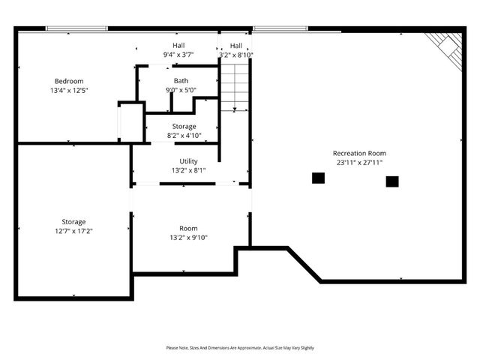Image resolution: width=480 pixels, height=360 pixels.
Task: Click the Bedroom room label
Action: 68,81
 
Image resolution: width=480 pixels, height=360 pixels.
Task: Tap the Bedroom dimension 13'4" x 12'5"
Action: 68,91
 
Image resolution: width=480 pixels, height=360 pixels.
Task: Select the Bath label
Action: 181,80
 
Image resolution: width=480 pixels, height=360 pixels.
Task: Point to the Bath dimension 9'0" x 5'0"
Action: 181,90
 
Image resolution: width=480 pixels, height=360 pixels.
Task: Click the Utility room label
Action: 188,161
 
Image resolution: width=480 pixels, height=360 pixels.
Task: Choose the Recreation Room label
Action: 360,153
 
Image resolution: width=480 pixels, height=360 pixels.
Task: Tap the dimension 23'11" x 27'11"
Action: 360,163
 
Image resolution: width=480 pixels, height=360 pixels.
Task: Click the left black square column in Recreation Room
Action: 318,178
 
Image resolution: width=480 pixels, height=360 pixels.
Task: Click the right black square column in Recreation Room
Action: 392,181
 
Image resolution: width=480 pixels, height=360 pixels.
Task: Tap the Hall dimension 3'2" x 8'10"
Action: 235,55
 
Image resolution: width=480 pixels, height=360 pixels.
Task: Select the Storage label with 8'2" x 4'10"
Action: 184,126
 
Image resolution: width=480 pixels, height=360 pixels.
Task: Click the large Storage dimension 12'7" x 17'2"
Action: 73,231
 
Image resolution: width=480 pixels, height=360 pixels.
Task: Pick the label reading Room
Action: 188,228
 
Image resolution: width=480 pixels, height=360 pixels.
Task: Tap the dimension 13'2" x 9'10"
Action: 188,238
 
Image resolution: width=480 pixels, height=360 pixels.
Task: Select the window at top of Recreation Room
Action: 280,28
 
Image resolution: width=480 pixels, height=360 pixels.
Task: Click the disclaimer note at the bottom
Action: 240,348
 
